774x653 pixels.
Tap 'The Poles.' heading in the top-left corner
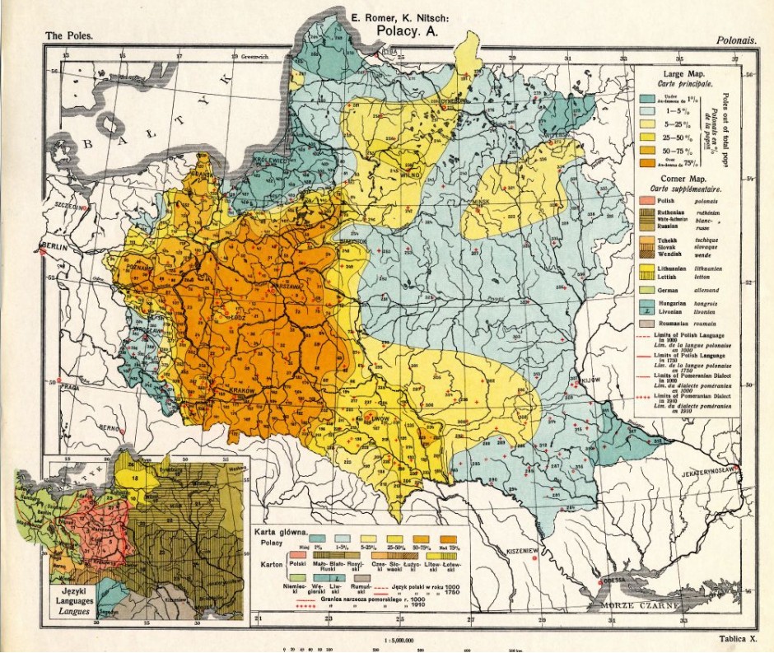tap(69, 36)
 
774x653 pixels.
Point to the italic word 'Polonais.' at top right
tap(736, 38)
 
